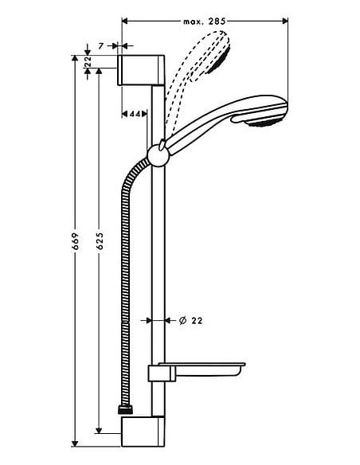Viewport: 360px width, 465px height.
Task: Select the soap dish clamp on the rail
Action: pos(158,373)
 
